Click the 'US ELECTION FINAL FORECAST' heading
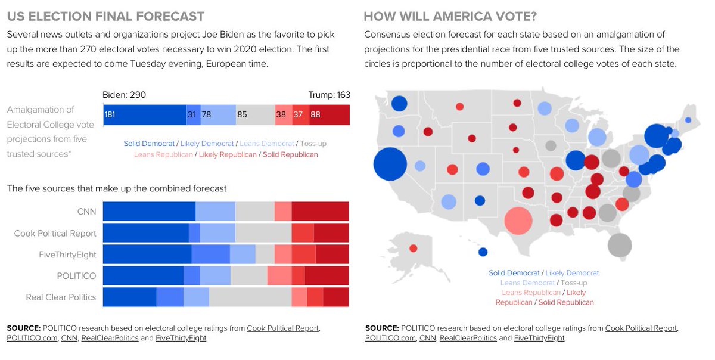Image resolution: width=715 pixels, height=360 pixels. click(106, 17)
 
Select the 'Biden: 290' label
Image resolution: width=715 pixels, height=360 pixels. click(124, 95)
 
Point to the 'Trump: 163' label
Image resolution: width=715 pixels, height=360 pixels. click(329, 95)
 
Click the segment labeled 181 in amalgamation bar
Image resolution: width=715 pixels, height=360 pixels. click(145, 114)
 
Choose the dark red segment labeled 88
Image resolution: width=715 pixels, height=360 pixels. click(329, 114)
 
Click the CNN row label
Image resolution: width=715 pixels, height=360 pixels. click(86, 212)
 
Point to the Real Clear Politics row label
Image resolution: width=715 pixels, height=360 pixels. click(61, 297)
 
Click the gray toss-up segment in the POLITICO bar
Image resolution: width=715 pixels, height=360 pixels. click(248, 275)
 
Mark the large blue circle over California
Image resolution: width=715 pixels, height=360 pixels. click(390, 164)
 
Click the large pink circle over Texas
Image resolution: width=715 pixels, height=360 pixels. click(518, 220)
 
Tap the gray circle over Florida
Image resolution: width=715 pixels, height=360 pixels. click(619, 245)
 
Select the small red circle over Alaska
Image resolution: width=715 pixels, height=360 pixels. click(413, 248)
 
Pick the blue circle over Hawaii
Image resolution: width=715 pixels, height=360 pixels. click(483, 252)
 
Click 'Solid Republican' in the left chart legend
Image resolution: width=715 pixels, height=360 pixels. click(290, 154)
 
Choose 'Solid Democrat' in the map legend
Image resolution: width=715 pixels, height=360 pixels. click(514, 273)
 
